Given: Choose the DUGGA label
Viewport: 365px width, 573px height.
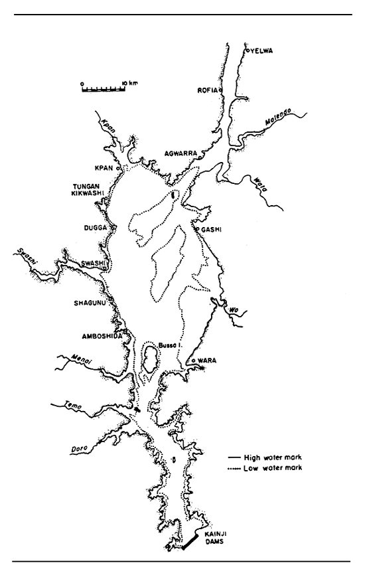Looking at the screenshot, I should tap(98, 227).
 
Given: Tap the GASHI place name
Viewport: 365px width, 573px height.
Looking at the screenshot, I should tap(211, 230).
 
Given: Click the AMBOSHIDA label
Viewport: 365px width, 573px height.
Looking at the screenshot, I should tap(95, 335).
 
